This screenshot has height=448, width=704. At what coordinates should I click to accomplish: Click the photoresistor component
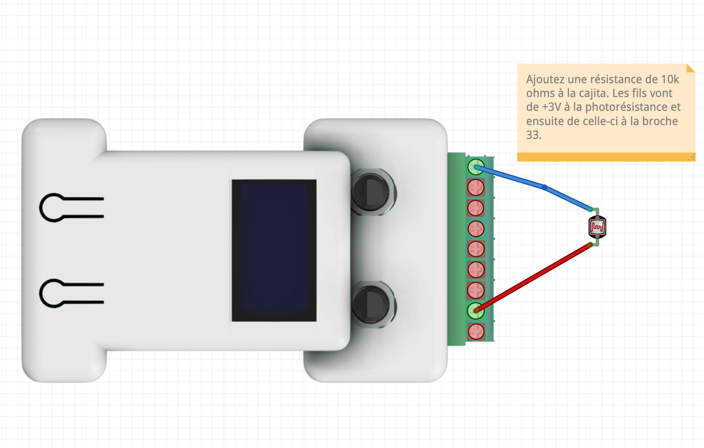597,227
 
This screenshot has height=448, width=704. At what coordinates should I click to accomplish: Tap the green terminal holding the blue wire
476,167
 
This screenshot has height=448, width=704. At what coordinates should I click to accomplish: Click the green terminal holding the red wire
476,311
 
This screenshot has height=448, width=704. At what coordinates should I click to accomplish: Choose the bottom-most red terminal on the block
476,332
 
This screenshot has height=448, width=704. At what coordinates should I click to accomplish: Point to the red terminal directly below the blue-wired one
476,188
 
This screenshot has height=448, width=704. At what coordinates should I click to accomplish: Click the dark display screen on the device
274,250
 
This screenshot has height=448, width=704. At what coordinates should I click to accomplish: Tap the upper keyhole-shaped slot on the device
71,207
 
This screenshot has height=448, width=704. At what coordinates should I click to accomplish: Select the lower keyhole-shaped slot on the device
71,293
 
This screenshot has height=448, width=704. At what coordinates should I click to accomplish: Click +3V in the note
551,107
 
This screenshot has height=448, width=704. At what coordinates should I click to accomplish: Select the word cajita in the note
593,93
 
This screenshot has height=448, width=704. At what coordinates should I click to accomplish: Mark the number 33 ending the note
533,135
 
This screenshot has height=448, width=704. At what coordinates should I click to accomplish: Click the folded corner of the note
690,69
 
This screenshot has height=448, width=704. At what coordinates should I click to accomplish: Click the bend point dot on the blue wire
545,187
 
